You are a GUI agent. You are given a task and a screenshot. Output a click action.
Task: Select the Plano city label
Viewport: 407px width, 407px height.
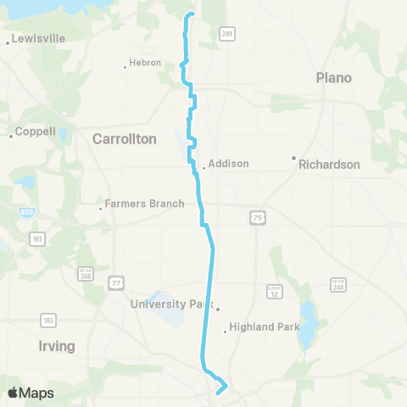333,77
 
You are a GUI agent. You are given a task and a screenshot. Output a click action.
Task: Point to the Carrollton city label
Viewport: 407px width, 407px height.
124,138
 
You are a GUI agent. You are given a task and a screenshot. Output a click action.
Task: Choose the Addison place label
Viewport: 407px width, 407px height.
227,164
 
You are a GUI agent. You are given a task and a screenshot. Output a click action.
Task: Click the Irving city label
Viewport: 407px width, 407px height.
56,346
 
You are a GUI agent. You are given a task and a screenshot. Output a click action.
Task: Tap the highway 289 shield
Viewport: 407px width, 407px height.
227,34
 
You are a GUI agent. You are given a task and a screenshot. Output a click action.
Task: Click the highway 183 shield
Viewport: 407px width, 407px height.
47,320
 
